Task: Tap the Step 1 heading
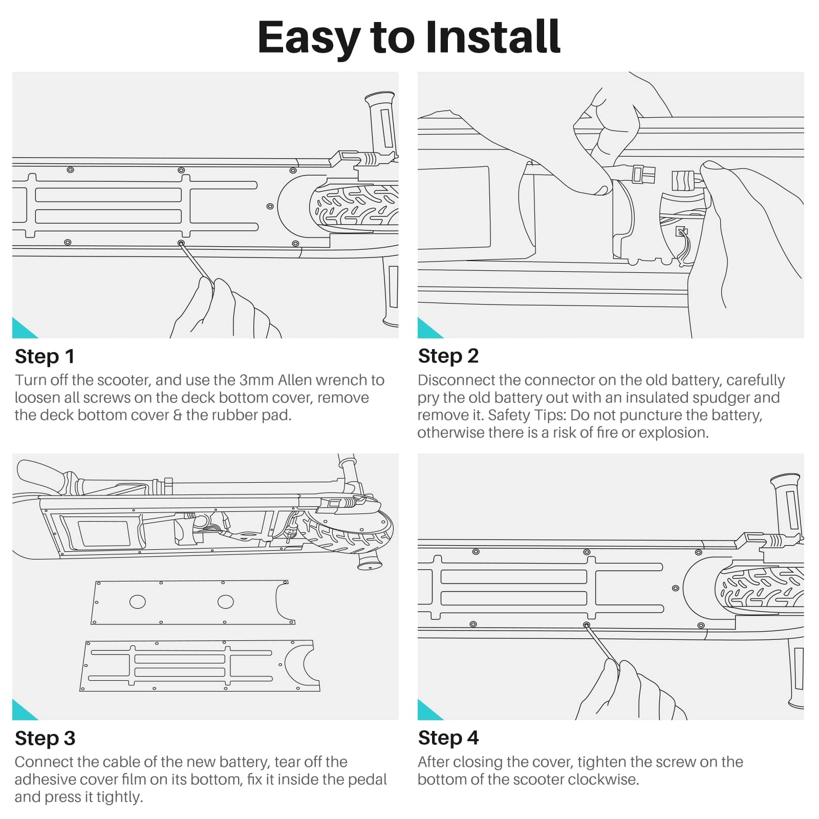point(45,356)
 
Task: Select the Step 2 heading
point(448,356)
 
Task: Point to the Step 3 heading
point(45,738)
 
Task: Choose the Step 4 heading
point(448,738)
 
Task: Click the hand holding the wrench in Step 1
point(225,310)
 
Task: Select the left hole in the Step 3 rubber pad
point(138,602)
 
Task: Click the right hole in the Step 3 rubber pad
point(226,601)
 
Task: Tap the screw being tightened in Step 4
point(587,625)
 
